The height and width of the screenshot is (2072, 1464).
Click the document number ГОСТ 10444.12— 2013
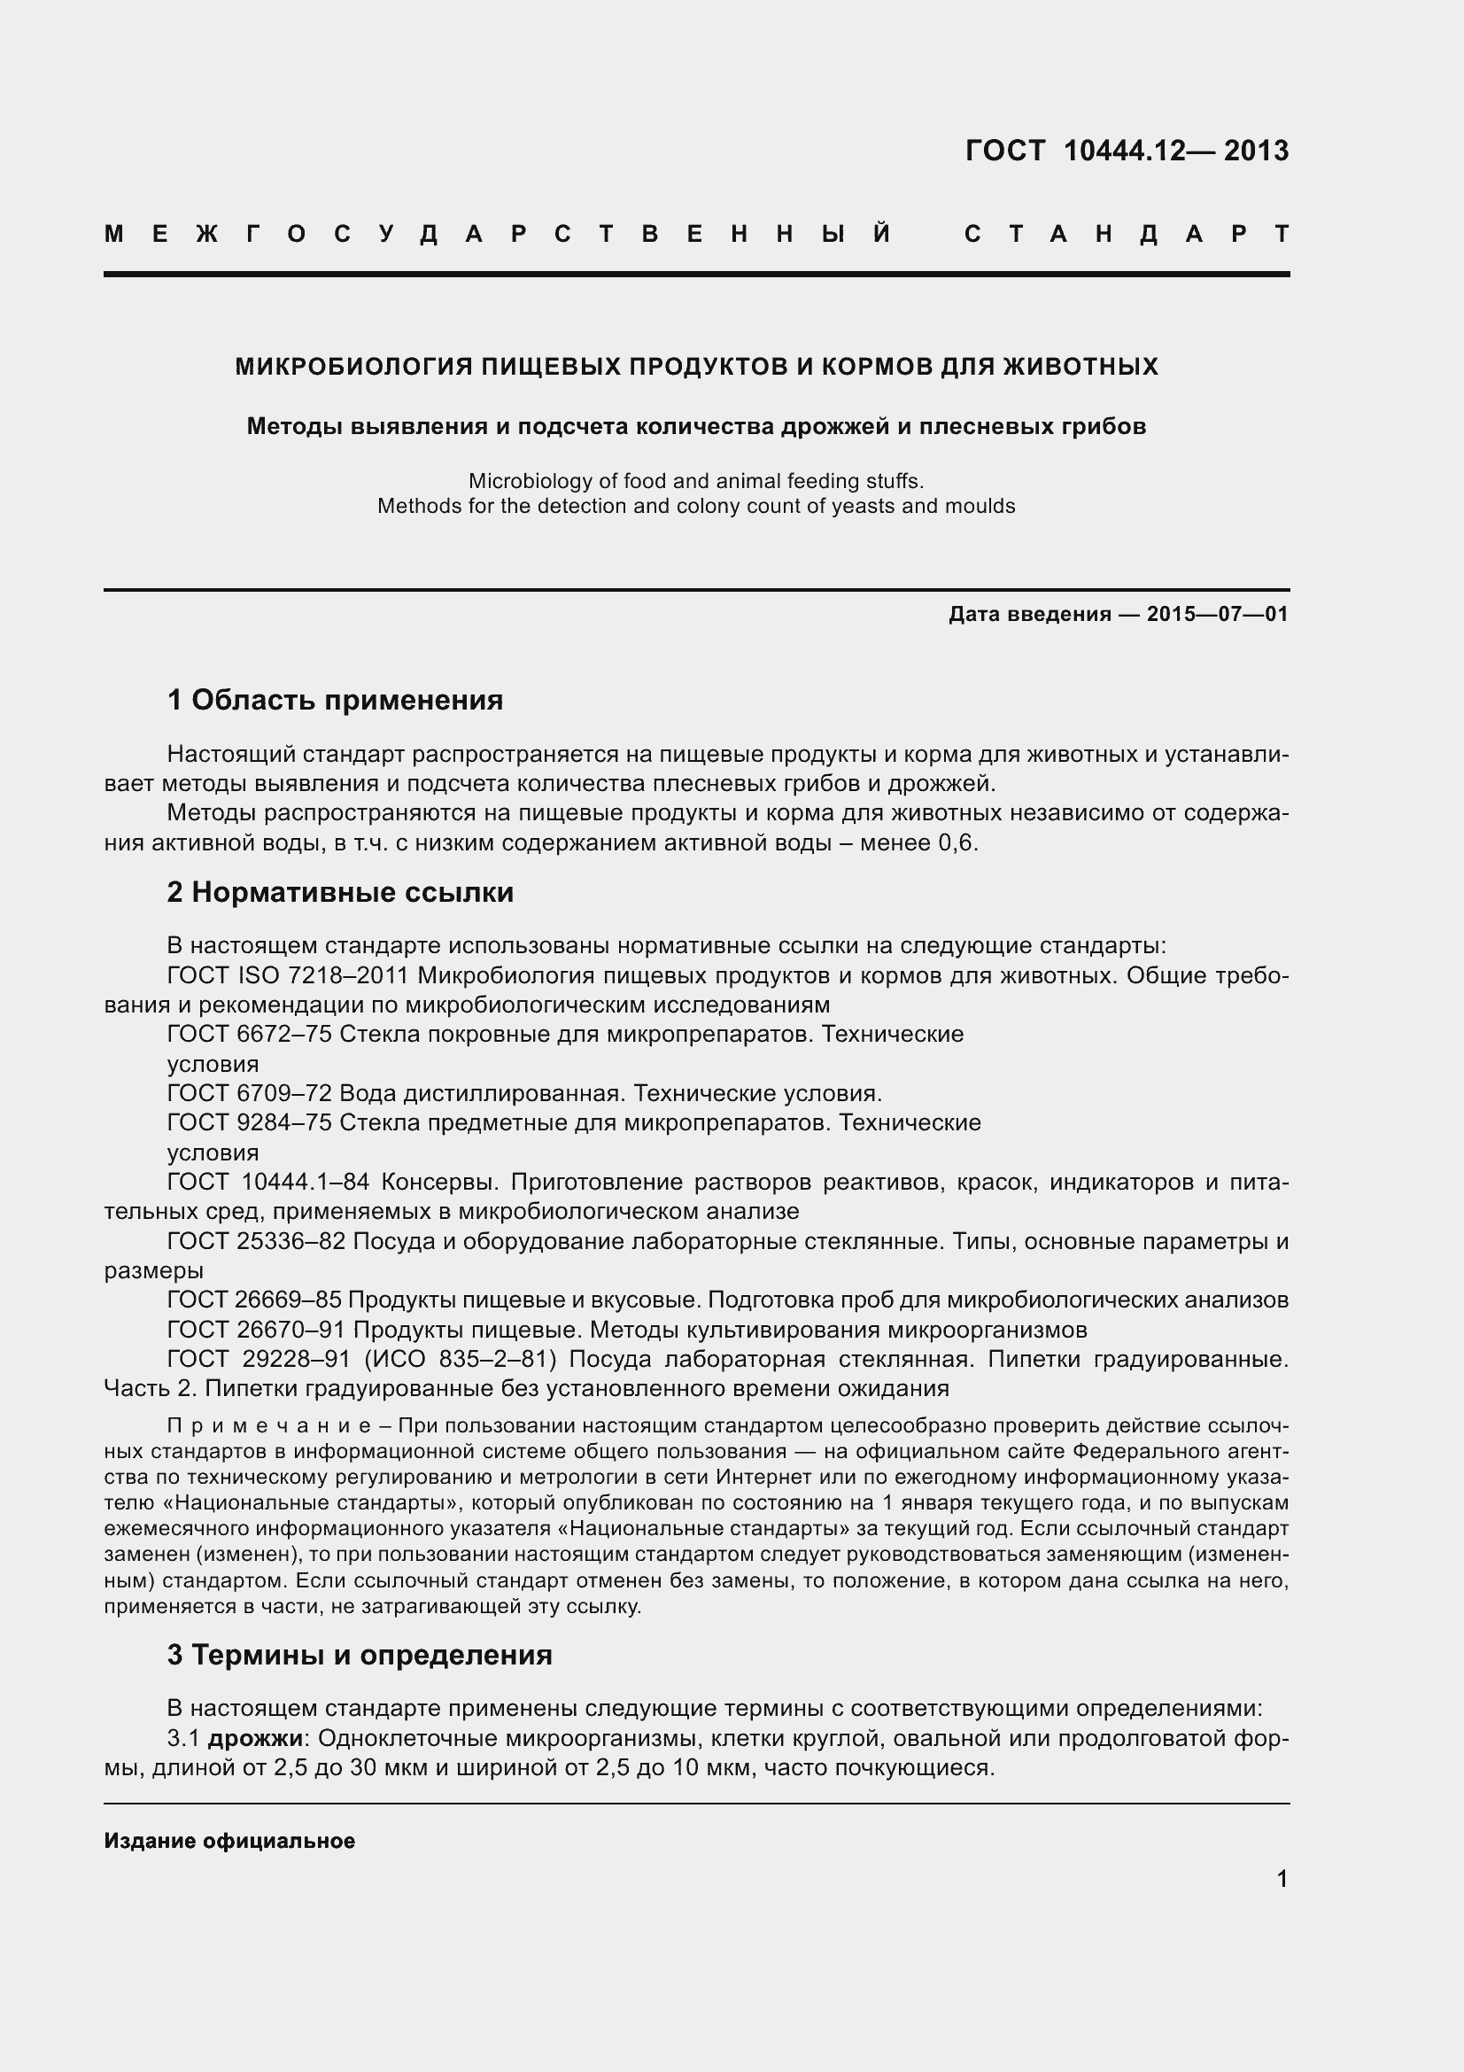pos(1127,151)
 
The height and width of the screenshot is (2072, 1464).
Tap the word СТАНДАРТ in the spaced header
pos(1127,235)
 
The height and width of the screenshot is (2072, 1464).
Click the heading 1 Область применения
pos(335,700)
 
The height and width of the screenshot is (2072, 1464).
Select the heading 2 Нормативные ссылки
pos(340,893)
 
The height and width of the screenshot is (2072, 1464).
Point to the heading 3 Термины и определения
pos(359,1655)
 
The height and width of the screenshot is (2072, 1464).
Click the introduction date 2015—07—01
pos(1217,615)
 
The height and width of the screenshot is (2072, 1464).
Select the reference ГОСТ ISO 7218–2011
pos(289,975)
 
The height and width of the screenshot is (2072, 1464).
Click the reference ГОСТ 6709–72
pos(250,1094)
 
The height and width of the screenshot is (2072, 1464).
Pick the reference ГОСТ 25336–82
pos(256,1241)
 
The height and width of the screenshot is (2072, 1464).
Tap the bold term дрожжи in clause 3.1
pos(255,1738)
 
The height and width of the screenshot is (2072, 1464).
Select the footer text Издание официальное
pos(229,1841)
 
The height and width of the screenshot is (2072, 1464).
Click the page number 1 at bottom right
pos(1282,1879)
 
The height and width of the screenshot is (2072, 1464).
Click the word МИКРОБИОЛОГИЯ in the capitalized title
pos(352,367)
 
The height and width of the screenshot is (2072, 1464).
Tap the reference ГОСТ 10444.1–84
pos(267,1182)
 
